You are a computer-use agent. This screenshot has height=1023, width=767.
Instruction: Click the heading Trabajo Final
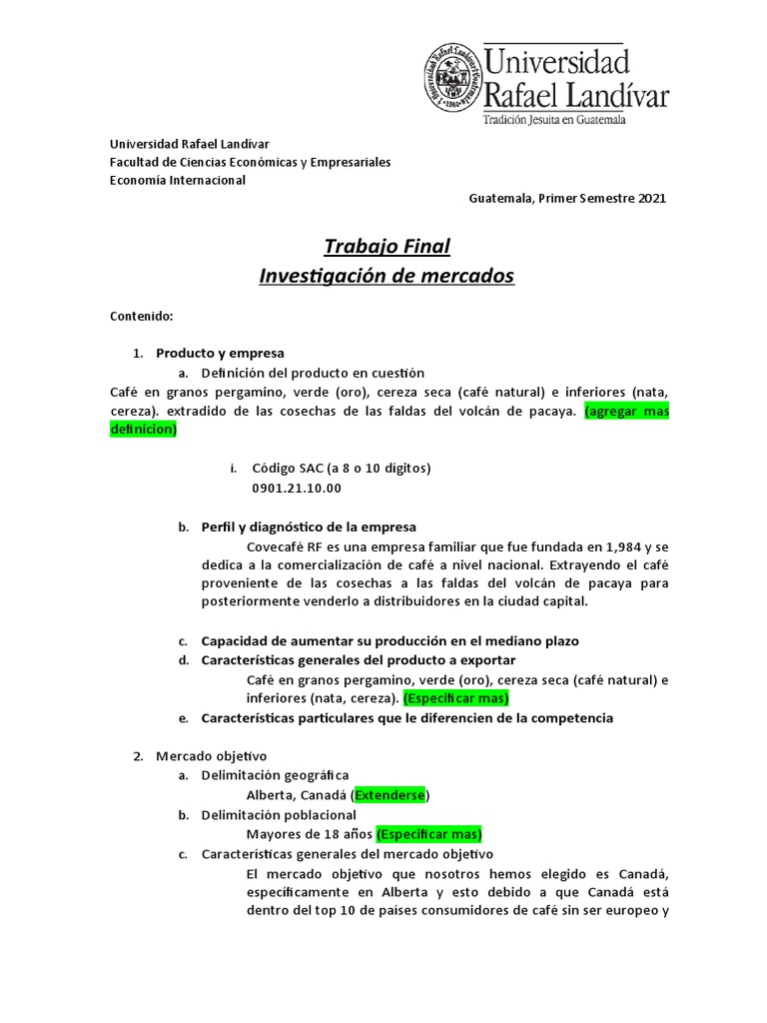tap(386, 246)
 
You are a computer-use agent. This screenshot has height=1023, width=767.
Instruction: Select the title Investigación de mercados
tap(386, 275)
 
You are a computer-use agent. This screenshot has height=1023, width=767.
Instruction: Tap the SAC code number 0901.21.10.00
tap(297, 488)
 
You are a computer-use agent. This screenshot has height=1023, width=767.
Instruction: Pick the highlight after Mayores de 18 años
tap(428, 834)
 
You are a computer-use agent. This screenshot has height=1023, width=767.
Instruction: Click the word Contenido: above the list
tap(141, 317)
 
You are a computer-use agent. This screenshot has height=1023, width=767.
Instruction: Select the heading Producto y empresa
tap(220, 353)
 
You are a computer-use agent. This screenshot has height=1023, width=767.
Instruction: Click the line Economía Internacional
tap(177, 180)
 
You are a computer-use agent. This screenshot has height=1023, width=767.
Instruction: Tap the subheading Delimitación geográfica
tap(275, 775)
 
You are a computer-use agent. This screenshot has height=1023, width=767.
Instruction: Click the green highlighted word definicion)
tap(143, 430)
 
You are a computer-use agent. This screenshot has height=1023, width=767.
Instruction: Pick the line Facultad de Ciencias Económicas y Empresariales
tap(250, 162)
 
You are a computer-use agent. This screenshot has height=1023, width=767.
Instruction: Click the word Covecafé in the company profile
tap(275, 546)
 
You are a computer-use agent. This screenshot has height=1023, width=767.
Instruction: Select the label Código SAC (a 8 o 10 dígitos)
tap(342, 468)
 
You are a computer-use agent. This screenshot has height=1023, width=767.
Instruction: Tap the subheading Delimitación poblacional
tap(278, 814)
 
